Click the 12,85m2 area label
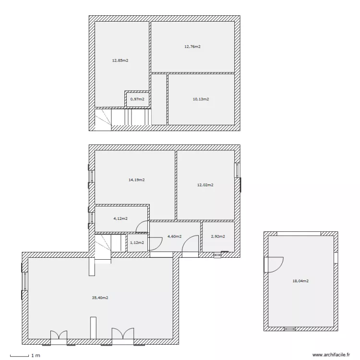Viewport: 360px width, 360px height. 120,60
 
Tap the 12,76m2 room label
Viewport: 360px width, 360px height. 192,47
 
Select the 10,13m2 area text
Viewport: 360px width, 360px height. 201,99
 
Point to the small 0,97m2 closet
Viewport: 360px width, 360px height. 137,99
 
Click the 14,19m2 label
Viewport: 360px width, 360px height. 137,180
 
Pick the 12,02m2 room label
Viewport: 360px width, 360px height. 205,185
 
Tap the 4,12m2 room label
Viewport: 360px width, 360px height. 120,218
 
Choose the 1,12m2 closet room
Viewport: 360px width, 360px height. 137,243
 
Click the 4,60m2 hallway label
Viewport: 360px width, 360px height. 175,237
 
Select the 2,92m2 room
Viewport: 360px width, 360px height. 218,237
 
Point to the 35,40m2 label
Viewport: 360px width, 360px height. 100,298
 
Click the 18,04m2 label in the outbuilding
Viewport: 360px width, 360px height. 300,281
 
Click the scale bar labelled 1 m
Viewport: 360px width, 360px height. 20,356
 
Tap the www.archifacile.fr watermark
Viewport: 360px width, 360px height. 331,355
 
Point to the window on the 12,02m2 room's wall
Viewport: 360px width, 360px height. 237,170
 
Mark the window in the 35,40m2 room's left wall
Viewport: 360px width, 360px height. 25,281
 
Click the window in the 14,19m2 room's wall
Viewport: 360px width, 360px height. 92,176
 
